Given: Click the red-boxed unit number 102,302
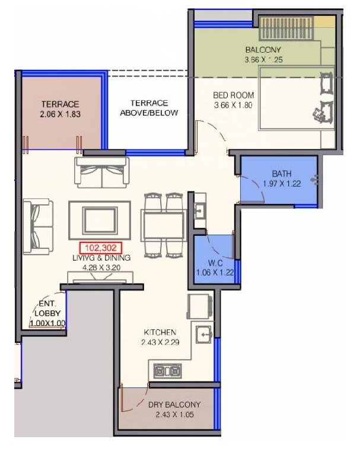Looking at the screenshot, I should [99, 249].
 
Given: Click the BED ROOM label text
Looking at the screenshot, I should [234, 95].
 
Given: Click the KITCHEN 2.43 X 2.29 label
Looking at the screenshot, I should [159, 337].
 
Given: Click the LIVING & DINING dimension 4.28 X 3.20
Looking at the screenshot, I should [101, 267].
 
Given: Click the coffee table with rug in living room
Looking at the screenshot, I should [99, 220].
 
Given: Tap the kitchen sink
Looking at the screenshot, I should [203, 335].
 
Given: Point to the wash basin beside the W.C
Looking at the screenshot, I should [199, 211].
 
